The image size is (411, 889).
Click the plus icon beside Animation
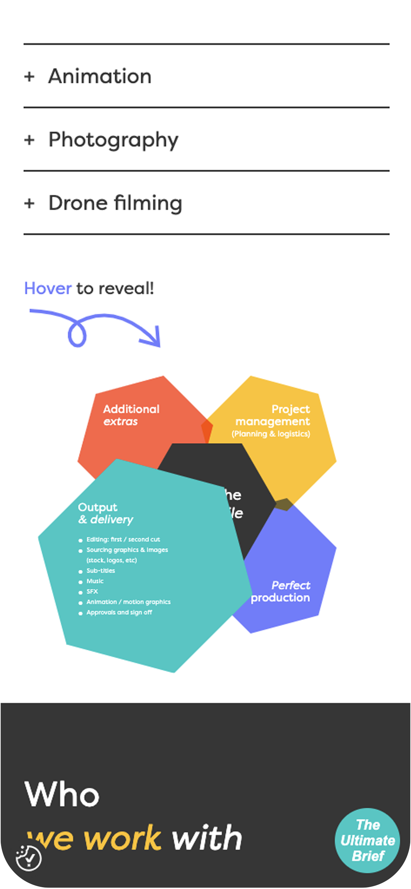coord(29,77)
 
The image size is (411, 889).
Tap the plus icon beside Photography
coord(29,140)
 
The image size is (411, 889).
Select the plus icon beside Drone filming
coord(29,203)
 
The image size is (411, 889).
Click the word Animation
coord(100,76)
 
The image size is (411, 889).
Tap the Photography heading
coord(113,140)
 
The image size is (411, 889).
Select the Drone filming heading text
coord(115,203)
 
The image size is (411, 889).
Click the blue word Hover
coord(47,288)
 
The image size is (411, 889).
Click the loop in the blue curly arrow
coord(77,334)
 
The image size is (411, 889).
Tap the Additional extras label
coord(131,415)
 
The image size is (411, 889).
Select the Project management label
coord(278,415)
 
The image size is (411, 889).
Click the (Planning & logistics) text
coord(271,434)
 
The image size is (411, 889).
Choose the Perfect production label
coord(281,591)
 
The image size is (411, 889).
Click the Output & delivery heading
coord(105,513)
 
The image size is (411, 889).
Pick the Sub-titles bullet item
coord(100,570)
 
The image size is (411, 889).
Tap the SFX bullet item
coord(92,591)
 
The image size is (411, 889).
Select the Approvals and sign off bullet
coord(119,612)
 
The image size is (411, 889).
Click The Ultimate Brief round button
coord(368,840)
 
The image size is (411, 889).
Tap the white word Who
coord(62,794)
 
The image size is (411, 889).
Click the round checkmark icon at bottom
coord(28,857)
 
